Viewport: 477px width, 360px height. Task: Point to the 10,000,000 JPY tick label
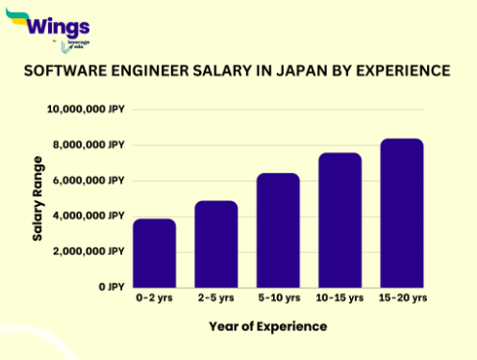point(86,110)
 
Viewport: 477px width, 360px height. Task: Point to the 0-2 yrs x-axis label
point(155,298)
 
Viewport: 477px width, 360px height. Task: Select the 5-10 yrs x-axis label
point(278,298)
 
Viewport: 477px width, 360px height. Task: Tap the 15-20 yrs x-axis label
point(401,298)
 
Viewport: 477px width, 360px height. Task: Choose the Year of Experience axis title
point(267,327)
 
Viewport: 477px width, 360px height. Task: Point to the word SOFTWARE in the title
point(63,71)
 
